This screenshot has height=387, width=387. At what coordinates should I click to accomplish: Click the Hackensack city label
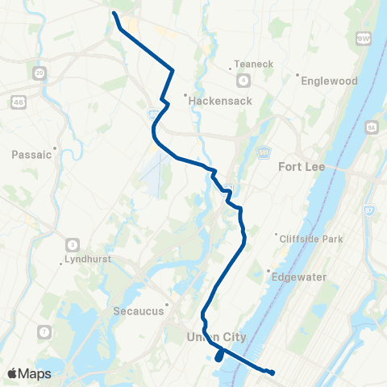[219, 101]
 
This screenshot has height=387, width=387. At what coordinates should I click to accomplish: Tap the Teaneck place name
[248, 64]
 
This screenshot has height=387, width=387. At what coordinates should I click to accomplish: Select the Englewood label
[328, 81]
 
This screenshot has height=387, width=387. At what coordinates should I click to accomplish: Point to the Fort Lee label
[300, 167]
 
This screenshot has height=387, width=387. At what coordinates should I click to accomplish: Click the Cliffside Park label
[310, 239]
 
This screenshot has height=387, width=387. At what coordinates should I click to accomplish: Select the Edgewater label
[299, 277]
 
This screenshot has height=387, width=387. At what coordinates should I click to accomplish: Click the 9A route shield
[372, 127]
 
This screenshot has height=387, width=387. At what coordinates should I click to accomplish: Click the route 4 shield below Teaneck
[243, 79]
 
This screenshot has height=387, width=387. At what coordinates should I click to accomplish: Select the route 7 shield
[45, 331]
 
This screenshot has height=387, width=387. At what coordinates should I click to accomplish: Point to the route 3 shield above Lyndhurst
[73, 244]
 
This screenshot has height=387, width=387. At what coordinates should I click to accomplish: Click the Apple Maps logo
[29, 373]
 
